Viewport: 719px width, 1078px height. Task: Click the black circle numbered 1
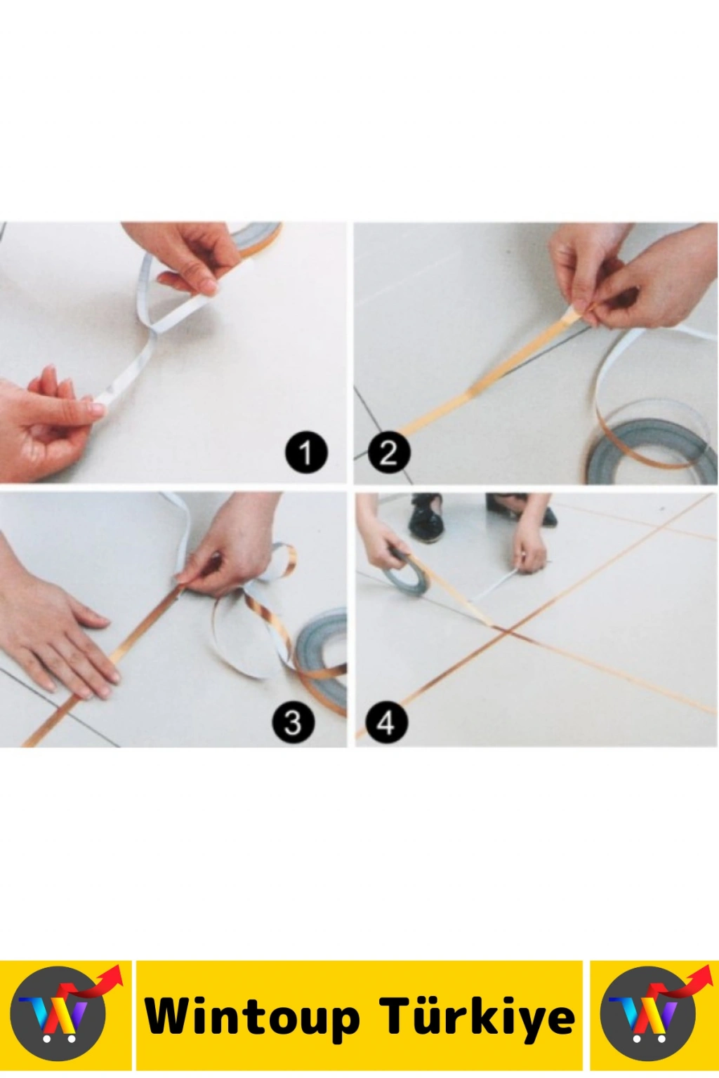click(306, 453)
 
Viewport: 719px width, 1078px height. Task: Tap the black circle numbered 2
click(389, 453)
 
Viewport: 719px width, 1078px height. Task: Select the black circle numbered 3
click(293, 722)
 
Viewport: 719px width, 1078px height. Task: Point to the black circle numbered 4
click(387, 722)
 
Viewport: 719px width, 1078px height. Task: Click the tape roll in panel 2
click(650, 450)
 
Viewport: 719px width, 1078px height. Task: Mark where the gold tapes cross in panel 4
click(505, 630)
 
